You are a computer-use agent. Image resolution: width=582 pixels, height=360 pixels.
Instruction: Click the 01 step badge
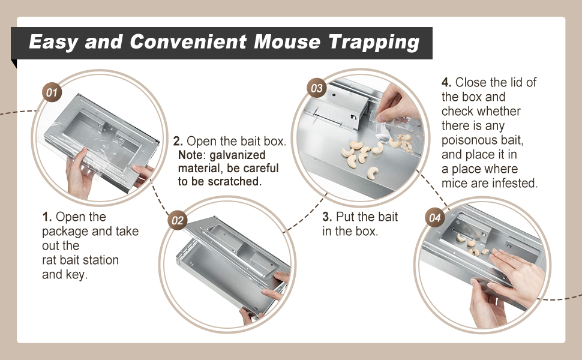pyautogui.click(x=52, y=92)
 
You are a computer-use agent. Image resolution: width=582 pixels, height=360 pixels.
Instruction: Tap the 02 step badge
pyautogui.click(x=177, y=220)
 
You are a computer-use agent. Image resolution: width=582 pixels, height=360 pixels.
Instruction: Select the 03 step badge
pyautogui.click(x=317, y=88)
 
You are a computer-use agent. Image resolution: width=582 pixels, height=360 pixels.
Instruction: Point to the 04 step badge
pyautogui.click(x=435, y=217)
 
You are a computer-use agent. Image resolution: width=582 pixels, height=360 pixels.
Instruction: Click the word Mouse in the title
pyautogui.click(x=287, y=41)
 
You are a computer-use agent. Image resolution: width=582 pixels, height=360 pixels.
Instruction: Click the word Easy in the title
pyautogui.click(x=53, y=42)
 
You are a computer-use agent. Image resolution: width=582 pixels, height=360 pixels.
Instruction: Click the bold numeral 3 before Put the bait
pyautogui.click(x=326, y=217)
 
